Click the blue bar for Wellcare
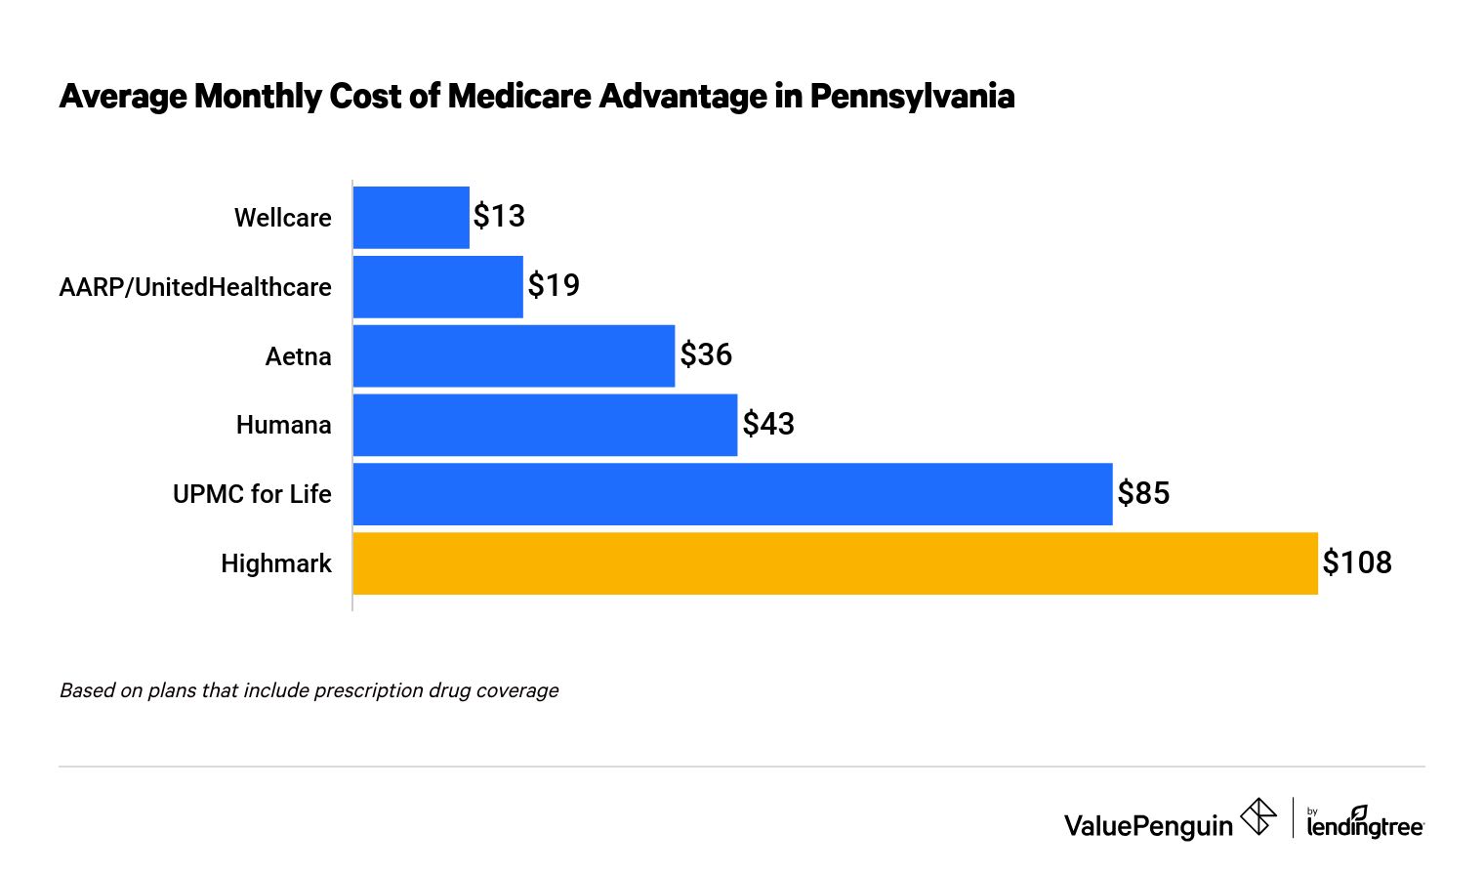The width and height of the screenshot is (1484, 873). (x=411, y=218)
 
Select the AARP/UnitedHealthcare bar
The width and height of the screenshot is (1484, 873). (x=437, y=287)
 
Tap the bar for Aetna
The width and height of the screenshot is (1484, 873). (x=514, y=356)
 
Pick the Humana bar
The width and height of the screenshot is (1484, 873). (x=545, y=425)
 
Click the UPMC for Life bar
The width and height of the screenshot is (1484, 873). (x=732, y=494)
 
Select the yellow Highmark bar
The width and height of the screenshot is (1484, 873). (x=835, y=563)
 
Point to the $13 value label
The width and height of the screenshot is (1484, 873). (x=499, y=216)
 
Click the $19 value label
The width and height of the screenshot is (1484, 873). (x=554, y=285)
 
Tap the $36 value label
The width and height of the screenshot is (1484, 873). (x=706, y=354)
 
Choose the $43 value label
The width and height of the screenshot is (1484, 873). (x=768, y=424)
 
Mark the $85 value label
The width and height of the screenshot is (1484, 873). (x=1143, y=493)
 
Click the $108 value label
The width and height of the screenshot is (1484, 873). (x=1357, y=562)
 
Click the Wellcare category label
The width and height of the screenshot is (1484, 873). (x=282, y=218)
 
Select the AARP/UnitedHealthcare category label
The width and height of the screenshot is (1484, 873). (x=195, y=287)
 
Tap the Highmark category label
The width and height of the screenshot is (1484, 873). (x=275, y=563)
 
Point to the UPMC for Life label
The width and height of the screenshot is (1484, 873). (x=252, y=494)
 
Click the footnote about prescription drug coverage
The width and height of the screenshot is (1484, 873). (x=309, y=690)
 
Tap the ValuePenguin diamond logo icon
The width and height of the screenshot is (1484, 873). (x=1257, y=816)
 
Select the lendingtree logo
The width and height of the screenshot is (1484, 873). (x=1365, y=822)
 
